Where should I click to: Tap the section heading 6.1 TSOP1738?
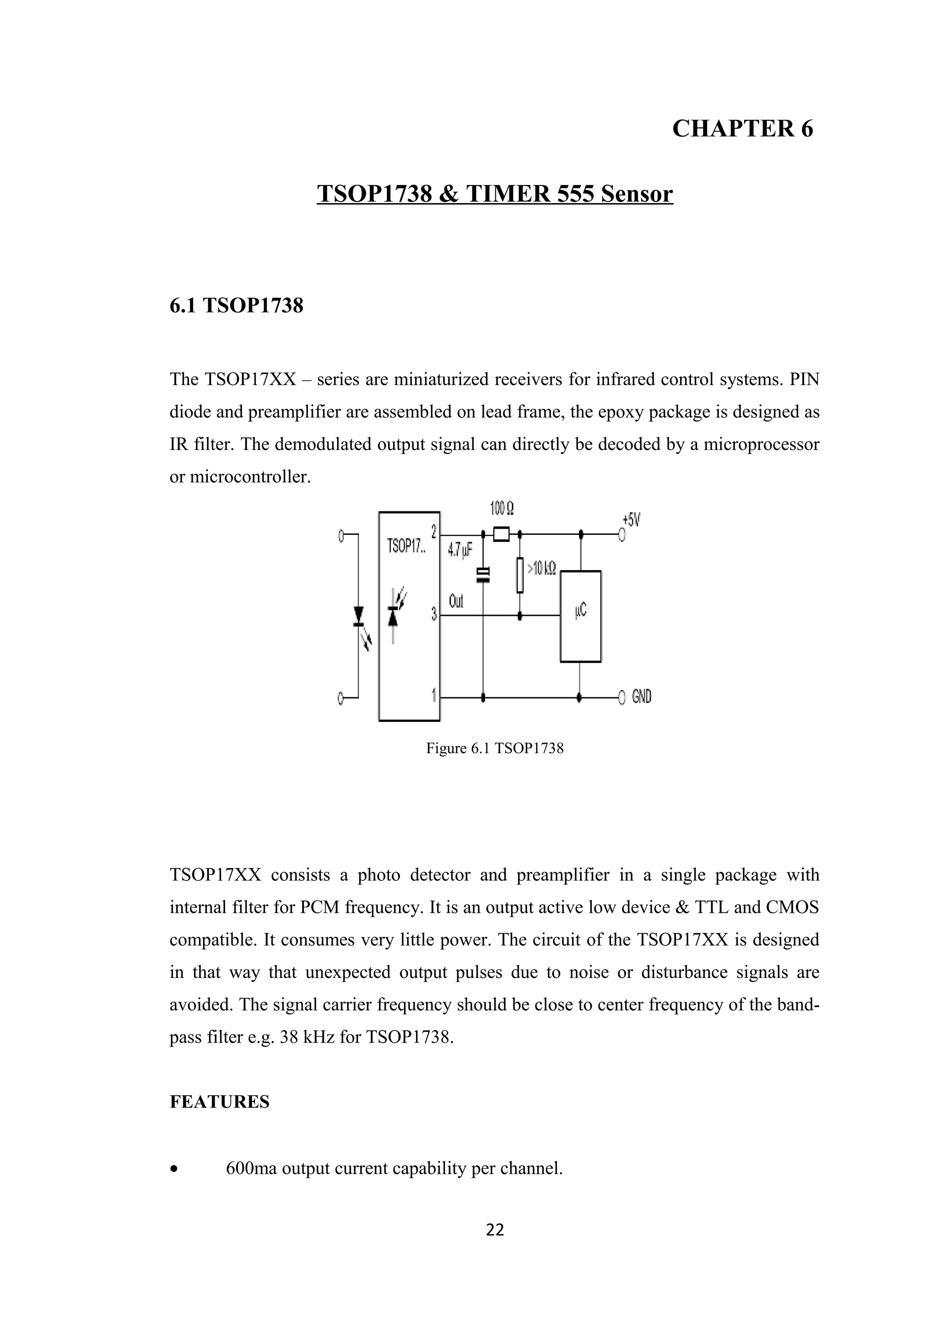[236, 305]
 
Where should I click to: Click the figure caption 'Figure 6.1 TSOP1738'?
[494, 748]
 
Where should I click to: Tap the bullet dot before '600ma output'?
[174, 1169]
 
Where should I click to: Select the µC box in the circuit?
[580, 616]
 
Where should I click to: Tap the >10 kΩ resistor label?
[542, 569]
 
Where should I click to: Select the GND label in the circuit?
[641, 697]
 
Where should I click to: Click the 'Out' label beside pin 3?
[456, 601]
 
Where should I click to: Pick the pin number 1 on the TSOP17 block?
[434, 695]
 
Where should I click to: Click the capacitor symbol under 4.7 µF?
[483, 574]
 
